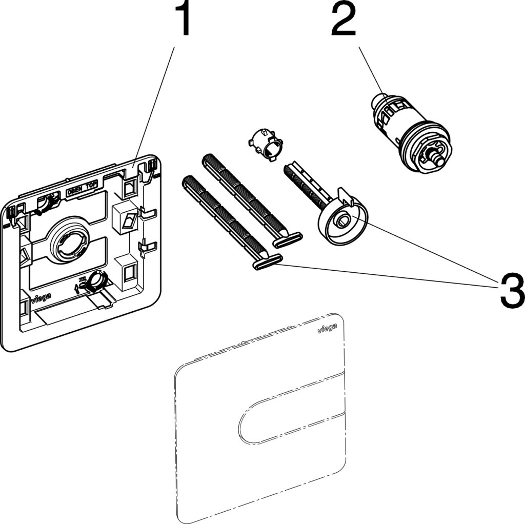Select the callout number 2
[350, 19]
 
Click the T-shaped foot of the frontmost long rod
[267, 262]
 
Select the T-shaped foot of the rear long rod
[287, 238]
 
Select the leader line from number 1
[154, 103]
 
